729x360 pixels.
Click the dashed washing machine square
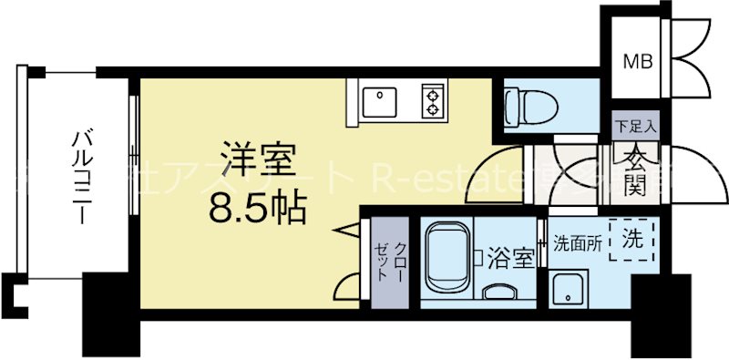tap(631, 241)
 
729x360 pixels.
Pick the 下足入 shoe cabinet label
tap(630, 127)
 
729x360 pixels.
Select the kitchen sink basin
tap(378, 101)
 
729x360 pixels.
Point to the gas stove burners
tap(429, 100)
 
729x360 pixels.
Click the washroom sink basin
tap(570, 290)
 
